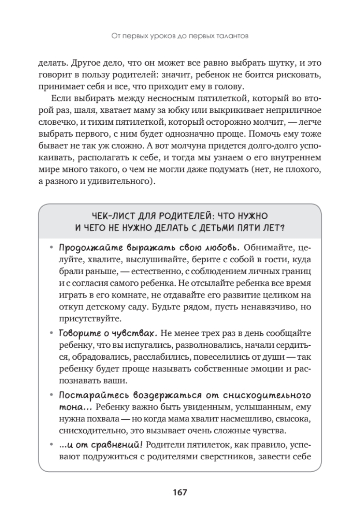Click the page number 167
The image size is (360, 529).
180,492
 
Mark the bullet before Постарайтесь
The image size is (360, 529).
52,394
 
